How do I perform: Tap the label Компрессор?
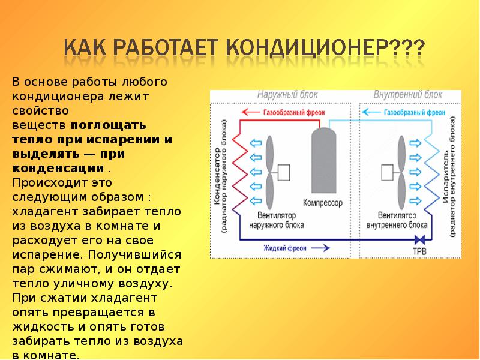323,203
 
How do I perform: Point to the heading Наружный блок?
287,95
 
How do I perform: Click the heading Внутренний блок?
407,95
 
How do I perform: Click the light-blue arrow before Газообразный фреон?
371,112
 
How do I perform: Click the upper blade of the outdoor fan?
269,152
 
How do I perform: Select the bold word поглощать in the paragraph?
108,125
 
